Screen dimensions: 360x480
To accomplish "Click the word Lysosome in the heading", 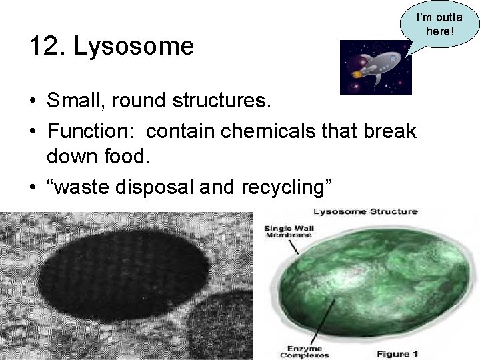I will tap(134, 47).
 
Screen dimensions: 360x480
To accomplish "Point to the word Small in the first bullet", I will tap(74, 101).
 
